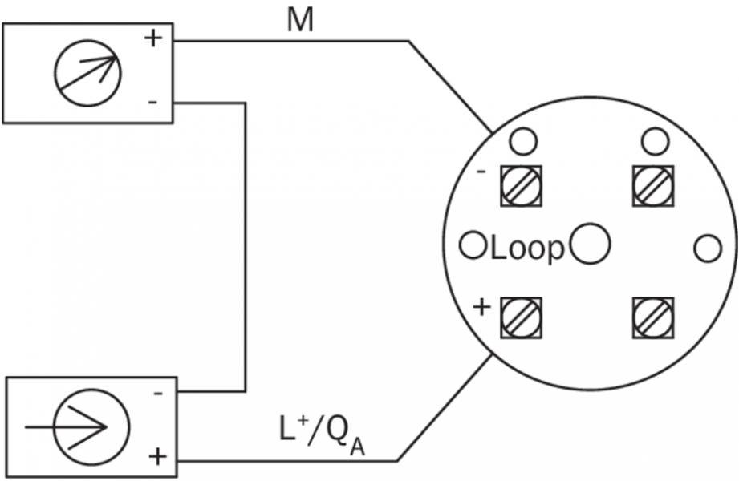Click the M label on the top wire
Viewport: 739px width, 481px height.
[301, 22]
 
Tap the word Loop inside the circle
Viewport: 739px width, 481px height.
[527, 249]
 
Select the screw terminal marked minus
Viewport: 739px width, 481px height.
[522, 185]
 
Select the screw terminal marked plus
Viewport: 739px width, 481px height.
[522, 317]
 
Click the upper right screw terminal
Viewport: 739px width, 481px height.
[654, 185]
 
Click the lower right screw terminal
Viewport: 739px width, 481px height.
[654, 317]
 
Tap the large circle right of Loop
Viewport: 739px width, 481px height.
[591, 244]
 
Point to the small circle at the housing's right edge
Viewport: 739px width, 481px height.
[707, 249]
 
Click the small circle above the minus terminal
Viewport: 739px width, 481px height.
[522, 142]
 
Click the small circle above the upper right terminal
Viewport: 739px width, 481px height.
[655, 142]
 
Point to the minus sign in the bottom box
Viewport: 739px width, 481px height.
[158, 393]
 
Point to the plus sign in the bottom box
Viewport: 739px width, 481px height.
[158, 458]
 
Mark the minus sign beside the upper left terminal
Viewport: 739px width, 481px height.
[481, 172]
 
